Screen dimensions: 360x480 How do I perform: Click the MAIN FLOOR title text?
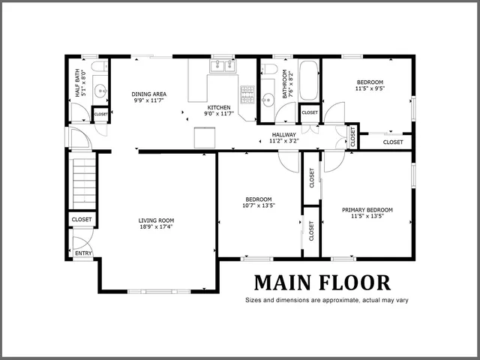pyautogui.click(x=322, y=283)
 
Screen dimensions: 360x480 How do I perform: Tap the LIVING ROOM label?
pyautogui.click(x=155, y=220)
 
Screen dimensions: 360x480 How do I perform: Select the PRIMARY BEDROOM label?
pyautogui.click(x=367, y=210)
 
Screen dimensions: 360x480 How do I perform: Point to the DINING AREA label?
pyautogui.click(x=148, y=94)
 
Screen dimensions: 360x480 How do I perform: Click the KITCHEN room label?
pyautogui.click(x=219, y=108)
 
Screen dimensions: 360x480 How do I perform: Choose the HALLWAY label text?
pyautogui.click(x=284, y=133)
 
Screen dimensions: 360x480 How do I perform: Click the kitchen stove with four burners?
pyautogui.click(x=247, y=93)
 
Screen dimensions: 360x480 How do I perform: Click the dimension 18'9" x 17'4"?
pyautogui.click(x=155, y=227)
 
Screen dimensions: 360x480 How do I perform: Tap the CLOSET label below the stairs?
pyautogui.click(x=82, y=220)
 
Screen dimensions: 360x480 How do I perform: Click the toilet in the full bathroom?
pyautogui.click(x=268, y=70)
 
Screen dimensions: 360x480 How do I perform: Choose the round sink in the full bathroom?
pyautogui.click(x=268, y=97)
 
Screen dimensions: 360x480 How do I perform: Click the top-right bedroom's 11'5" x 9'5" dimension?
pyautogui.click(x=369, y=88)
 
